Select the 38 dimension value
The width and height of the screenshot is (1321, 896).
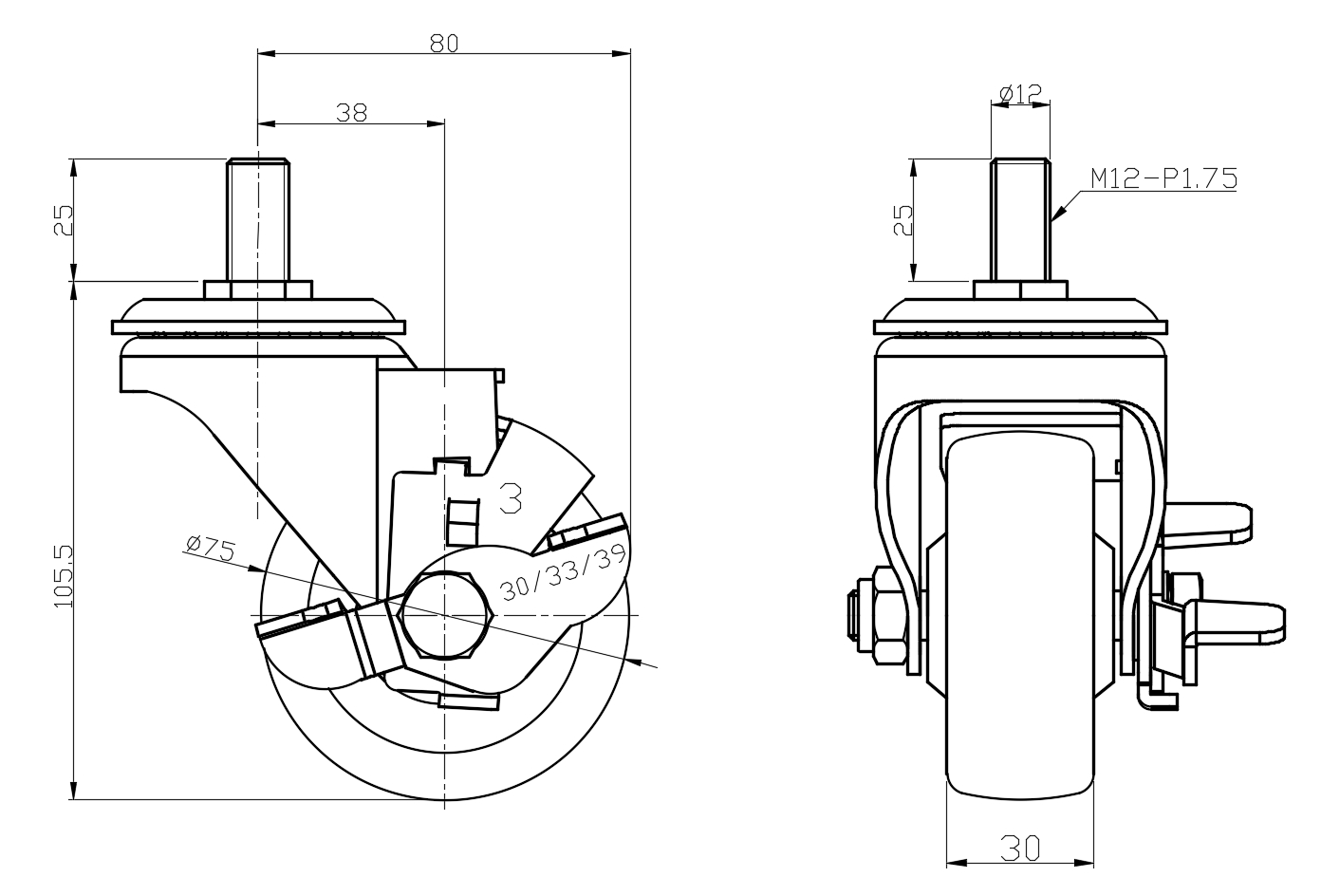351,112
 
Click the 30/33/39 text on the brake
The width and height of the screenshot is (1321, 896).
563,572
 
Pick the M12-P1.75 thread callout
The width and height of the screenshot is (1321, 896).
1163,177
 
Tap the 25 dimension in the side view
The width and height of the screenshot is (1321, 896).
63,219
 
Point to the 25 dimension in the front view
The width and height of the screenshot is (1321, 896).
903,219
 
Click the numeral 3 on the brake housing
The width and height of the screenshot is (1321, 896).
511,497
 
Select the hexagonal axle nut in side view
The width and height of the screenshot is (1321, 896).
445,615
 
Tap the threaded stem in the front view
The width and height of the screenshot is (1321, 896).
1020,218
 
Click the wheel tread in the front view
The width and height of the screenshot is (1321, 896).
1020,617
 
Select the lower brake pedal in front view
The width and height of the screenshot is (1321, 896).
1234,621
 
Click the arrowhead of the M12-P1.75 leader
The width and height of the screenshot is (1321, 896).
1055,218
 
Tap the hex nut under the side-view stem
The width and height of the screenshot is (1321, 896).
256,289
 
